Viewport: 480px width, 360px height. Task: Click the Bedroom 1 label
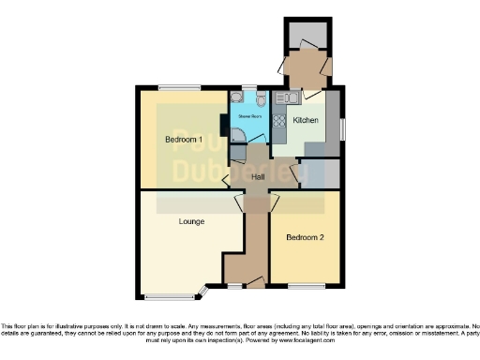[185, 140]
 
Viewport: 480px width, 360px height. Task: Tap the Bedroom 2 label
[306, 237]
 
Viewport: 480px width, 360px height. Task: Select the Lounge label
[192, 222]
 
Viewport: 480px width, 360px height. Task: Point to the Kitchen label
[306, 121]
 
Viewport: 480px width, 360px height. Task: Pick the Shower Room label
[248, 117]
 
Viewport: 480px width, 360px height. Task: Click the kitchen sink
[287, 97]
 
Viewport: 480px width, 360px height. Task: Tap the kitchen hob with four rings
[278, 120]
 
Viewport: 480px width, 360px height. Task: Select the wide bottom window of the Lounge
[170, 297]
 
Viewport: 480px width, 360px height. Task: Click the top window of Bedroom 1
[178, 87]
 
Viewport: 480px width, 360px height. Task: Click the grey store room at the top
[307, 36]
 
